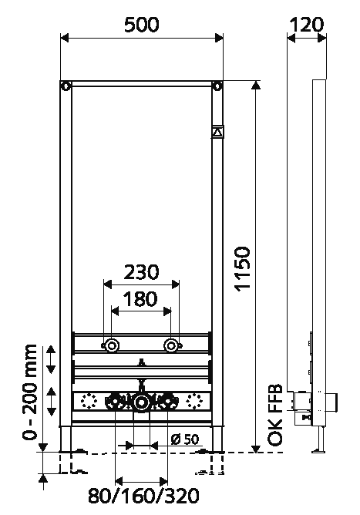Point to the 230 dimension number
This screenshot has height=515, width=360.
click(x=141, y=272)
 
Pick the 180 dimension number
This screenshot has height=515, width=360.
click(x=141, y=299)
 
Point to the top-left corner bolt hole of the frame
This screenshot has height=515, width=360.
click(x=67, y=85)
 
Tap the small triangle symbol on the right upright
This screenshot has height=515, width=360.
click(x=217, y=132)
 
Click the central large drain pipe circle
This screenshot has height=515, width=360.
click(x=141, y=402)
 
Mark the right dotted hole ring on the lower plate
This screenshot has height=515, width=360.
click(x=192, y=402)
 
